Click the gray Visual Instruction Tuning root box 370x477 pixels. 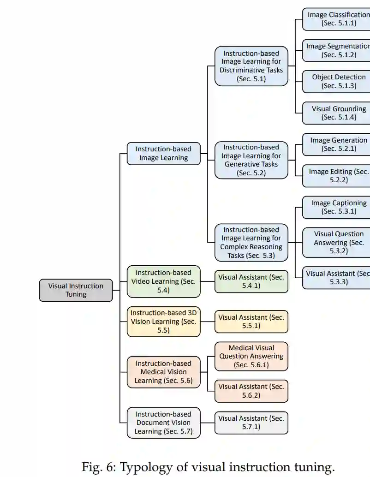pos(76,290)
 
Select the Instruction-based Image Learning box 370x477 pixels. pos(163,154)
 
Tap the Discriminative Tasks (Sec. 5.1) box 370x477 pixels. pos(251,66)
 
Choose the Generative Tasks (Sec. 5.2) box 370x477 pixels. pos(251,160)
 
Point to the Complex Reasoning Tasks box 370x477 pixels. pos(251,243)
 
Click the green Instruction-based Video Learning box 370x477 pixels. pos(163,281)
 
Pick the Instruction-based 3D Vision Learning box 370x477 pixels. pos(163,322)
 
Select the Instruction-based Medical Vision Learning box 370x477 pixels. pos(163,372)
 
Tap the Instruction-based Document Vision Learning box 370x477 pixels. pos(163,423)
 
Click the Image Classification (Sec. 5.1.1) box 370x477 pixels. pos(337,19)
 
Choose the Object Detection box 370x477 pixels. pos(337,82)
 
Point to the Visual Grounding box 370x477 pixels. pos(337,113)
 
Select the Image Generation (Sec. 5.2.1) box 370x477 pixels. pos(337,144)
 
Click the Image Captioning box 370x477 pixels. pos(337,207)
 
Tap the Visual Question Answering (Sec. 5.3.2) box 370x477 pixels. pos(337,243)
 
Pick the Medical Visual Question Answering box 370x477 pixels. pos(251,357)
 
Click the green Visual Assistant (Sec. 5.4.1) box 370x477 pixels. pos(251,281)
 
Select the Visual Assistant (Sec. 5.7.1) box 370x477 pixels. pos(251,423)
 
